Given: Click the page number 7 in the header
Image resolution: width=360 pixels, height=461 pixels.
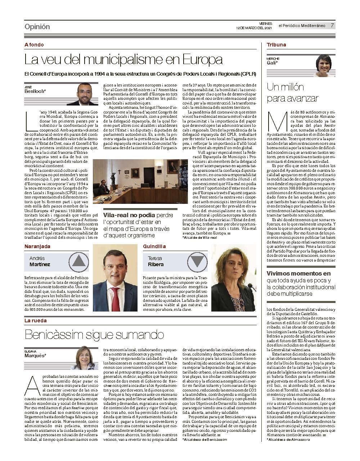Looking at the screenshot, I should click(332, 26).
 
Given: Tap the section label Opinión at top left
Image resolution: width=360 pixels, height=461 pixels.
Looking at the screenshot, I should click(37, 27).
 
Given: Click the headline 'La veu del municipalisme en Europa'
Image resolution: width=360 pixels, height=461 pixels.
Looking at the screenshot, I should click(123, 59).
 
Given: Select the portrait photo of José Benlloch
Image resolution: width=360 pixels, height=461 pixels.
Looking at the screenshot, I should click(87, 94).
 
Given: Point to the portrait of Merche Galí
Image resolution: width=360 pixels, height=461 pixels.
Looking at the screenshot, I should click(324, 66).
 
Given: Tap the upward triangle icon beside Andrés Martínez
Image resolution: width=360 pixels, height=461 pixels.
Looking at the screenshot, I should click(80, 261).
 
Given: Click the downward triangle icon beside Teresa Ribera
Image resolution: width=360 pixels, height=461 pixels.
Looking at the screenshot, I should click(198, 261).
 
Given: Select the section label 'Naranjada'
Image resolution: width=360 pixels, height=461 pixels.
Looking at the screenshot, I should click(37, 246).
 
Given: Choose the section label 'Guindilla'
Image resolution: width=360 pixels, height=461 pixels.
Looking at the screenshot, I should click(154, 246).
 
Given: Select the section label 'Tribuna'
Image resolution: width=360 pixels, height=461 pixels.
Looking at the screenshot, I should click(276, 45).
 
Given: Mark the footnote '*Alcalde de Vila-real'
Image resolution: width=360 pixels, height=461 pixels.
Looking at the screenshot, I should click(200, 238).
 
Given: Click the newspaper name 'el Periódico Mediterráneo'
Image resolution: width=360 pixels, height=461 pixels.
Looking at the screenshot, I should click(302, 26).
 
